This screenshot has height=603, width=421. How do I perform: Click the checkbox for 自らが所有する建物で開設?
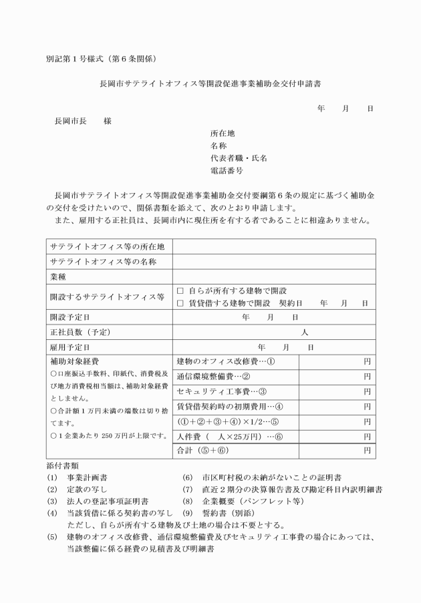[180, 291]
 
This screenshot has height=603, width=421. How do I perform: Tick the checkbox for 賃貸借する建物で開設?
[180, 303]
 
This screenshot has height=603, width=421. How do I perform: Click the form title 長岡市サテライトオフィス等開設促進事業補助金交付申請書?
[210, 85]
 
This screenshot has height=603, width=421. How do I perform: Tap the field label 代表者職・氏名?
[239, 158]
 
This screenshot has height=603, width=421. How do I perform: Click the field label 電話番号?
[227, 171]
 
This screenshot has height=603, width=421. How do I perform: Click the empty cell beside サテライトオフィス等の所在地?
[273, 246]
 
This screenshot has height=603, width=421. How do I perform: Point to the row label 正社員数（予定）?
[80, 332]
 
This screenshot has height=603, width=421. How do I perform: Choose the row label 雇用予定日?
[69, 347]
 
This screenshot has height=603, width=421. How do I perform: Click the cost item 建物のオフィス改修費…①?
[225, 361]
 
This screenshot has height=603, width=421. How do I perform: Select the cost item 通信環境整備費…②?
[213, 377]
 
